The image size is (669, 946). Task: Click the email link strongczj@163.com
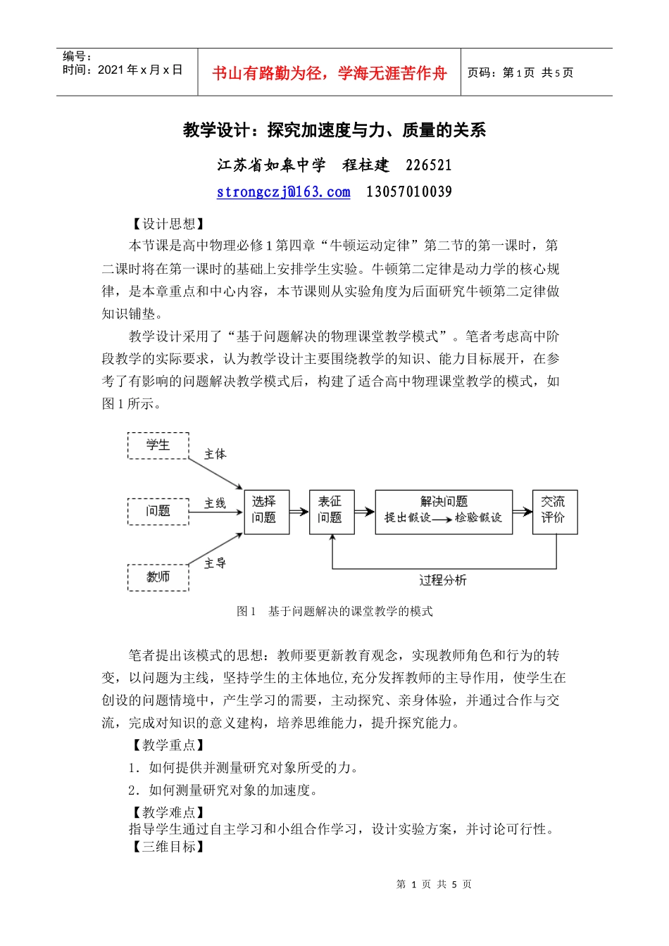click(x=283, y=192)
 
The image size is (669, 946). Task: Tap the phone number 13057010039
click(x=408, y=192)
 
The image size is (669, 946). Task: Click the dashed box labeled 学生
click(x=158, y=446)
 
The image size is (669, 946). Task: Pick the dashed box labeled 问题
click(x=158, y=511)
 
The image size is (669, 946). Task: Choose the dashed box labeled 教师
click(x=158, y=577)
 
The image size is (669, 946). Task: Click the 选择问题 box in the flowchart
click(x=264, y=510)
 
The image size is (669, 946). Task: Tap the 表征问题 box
click(x=330, y=510)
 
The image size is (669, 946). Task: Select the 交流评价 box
click(x=554, y=510)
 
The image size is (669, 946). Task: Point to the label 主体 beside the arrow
click(x=215, y=455)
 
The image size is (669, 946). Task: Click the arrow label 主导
click(x=215, y=563)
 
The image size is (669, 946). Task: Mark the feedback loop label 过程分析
click(x=442, y=581)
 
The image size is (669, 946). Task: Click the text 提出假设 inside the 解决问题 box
click(x=407, y=518)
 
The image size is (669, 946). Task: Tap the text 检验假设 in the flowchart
click(x=478, y=518)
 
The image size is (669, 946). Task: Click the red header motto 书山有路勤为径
click(x=330, y=73)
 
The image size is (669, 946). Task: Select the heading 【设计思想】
click(x=168, y=224)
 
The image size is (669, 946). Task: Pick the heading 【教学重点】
click(x=168, y=745)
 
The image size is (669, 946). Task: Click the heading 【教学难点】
click(x=168, y=812)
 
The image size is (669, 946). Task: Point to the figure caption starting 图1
click(x=334, y=612)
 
